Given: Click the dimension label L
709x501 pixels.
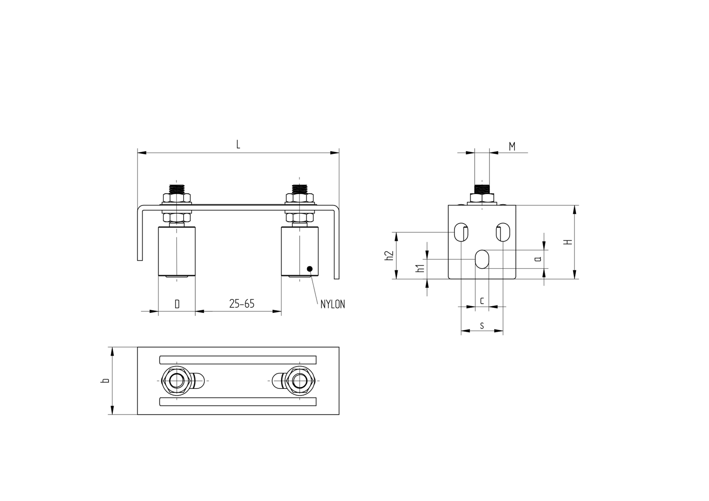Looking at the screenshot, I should (238, 145).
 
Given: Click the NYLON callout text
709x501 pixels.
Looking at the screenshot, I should (333, 304).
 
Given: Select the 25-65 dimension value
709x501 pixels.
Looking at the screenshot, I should (242, 304).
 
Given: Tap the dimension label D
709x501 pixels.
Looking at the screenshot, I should (177, 304).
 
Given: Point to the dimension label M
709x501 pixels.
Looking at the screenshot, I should (512, 147).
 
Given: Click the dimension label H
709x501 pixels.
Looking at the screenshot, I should (568, 242).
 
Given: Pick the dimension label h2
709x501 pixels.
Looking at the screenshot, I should (389, 256).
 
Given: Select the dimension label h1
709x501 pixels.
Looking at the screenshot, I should (419, 268).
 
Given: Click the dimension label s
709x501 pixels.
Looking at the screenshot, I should (482, 326).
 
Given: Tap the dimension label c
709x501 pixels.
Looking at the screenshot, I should (482, 300).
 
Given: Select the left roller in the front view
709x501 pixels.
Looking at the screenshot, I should (177, 251).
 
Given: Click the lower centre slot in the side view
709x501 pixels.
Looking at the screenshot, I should (482, 259).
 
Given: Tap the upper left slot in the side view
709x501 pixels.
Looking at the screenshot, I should (461, 232).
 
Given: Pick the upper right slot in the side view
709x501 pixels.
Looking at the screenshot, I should (503, 232).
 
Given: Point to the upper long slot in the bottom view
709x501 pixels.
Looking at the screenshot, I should (238, 360).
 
